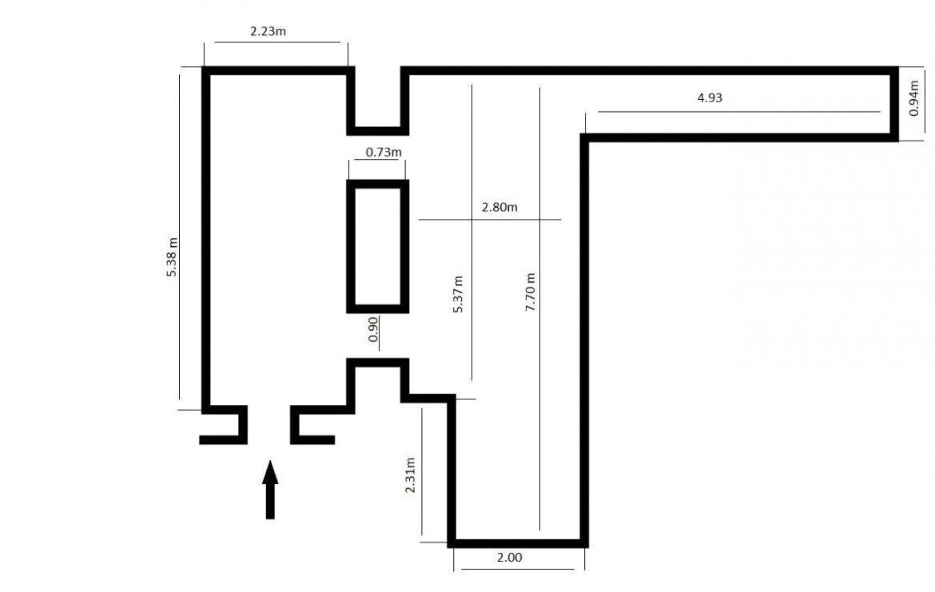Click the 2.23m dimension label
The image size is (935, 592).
click(x=268, y=31)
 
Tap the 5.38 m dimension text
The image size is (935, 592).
click(x=172, y=257)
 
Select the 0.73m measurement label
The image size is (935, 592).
click(x=384, y=152)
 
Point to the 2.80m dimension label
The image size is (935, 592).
click(x=499, y=207)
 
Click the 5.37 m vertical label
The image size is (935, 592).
click(x=458, y=294)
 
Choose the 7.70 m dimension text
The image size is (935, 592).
click(x=530, y=292)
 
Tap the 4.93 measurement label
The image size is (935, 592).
click(x=710, y=97)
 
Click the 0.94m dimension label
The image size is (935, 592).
click(x=914, y=98)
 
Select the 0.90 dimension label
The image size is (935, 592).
click(x=373, y=329)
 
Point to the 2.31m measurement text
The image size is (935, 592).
click(x=410, y=475)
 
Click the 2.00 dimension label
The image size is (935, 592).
click(x=509, y=558)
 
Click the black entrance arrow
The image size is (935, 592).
click(x=270, y=490)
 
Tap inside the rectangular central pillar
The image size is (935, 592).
click(x=377, y=246)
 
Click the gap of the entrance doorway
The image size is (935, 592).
click(x=269, y=424)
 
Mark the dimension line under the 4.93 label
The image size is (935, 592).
click(x=739, y=112)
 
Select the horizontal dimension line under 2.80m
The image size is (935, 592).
click(x=490, y=220)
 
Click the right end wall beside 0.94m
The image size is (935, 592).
click(x=894, y=105)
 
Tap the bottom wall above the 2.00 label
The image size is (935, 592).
click(x=518, y=544)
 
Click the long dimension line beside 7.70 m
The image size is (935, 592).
click(x=539, y=309)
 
